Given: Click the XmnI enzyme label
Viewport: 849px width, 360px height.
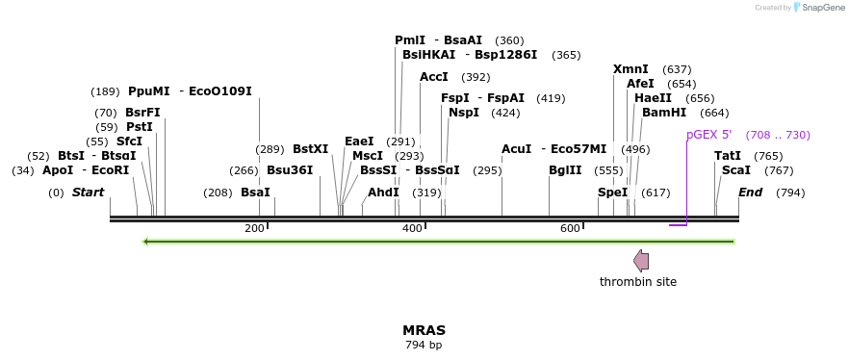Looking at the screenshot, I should tap(630, 69).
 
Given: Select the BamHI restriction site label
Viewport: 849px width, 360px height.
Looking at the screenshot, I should tap(664, 113).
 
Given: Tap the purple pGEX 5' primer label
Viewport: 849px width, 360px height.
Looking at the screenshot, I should tap(708, 135).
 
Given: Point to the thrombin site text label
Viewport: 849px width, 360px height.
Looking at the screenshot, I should tap(638, 282).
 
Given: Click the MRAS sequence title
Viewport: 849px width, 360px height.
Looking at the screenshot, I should tap(424, 330).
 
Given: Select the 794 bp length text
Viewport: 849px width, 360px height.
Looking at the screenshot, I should tap(424, 345).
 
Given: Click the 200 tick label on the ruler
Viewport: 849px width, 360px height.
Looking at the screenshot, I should tap(254, 228).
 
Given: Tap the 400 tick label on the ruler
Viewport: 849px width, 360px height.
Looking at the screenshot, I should tap(412, 228).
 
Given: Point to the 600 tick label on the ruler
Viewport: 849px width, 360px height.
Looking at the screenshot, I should tap(570, 228).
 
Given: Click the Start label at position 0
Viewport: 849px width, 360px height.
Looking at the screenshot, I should tap(88, 193).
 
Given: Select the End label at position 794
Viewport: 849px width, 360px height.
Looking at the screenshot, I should tap(750, 193).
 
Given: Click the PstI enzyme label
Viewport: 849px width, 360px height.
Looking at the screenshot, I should tap(140, 127).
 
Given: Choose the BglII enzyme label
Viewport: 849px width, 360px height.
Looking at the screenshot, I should tap(565, 170).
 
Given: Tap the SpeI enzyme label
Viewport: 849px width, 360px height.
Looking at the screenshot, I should tap(612, 193).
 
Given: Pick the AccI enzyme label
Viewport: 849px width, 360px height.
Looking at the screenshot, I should tap(434, 77).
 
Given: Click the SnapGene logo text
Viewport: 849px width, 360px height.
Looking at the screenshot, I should tap(823, 8).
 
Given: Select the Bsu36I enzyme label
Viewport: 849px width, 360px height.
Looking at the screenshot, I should tap(290, 170).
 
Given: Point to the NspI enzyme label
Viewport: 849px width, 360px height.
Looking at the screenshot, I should tap(464, 113).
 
